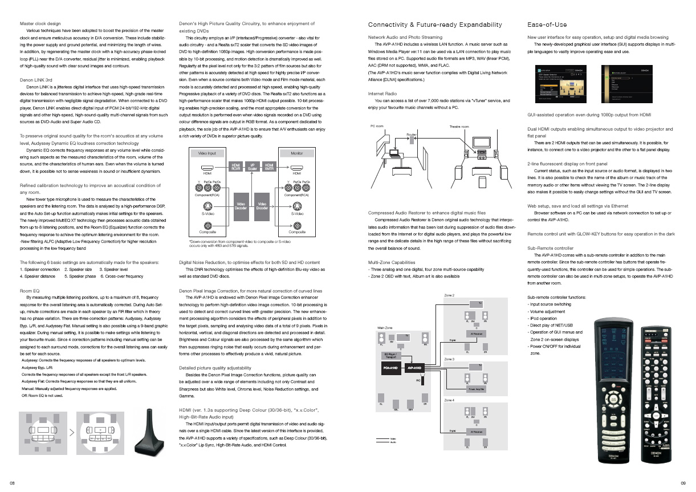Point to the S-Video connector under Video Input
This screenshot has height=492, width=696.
point(207,206)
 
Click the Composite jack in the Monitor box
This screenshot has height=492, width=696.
point(296,225)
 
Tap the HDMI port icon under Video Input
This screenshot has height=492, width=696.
point(207,167)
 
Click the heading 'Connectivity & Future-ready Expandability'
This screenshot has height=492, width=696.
point(435,25)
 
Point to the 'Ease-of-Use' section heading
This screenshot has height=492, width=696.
point(547,25)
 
